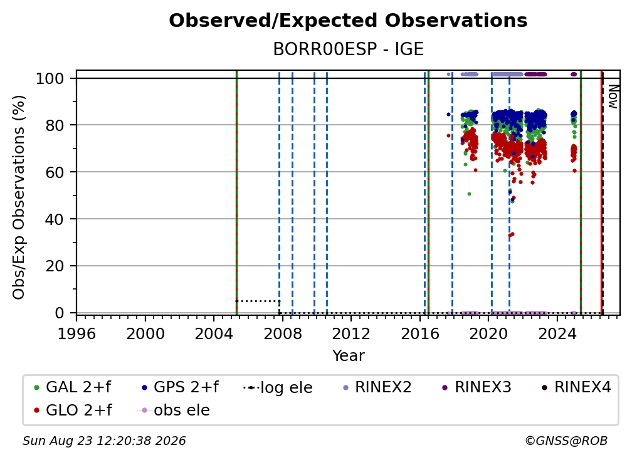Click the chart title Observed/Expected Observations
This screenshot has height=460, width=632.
coord(348,21)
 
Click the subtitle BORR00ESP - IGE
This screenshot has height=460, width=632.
coord(348,50)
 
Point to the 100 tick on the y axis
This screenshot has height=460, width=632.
coord(50,78)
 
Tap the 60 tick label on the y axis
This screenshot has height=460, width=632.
coord(55,172)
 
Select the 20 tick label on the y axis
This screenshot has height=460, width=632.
coord(55,266)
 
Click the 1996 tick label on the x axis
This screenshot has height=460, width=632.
coord(76,333)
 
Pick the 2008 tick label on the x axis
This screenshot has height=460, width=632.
coord(283,333)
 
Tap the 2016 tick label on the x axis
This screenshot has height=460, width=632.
coord(420,333)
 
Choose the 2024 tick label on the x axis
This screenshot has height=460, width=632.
coord(557,333)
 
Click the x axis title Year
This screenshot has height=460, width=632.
coord(348,356)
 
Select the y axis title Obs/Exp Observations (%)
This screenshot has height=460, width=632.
coord(19,197)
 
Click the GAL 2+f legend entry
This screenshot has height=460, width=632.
coord(73,387)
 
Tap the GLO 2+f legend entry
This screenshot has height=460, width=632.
coord(73,410)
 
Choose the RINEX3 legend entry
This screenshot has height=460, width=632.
coord(477,387)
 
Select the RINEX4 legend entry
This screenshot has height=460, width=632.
coord(576,387)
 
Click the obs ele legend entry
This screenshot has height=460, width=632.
coord(174,410)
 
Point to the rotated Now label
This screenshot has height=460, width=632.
coord(613,97)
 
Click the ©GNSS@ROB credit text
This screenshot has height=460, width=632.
coord(566,441)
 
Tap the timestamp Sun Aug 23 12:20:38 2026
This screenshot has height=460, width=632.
coord(104,441)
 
